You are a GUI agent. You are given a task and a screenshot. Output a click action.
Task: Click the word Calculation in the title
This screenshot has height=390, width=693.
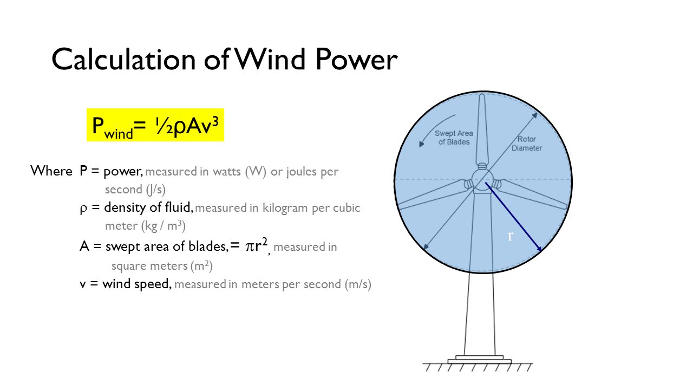coord(123,59)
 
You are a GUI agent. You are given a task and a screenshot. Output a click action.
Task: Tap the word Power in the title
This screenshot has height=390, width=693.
coord(356,59)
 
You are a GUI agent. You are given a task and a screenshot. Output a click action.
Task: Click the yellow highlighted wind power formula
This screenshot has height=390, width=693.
coord(155,125)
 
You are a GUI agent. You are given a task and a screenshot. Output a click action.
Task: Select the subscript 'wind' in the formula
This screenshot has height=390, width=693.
coord(119,134)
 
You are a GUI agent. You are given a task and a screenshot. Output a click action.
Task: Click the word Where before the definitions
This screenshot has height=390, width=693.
coord(51,171)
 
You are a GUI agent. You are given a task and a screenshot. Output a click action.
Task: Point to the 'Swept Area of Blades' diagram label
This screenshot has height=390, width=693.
coord(454,138)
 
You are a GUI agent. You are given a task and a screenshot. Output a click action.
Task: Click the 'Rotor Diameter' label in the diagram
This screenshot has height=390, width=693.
coord(527,144)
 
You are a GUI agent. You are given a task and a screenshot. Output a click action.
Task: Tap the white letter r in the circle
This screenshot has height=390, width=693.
coord(511,236)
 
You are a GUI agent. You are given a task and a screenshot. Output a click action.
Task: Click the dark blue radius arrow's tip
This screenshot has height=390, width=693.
coord(541,250)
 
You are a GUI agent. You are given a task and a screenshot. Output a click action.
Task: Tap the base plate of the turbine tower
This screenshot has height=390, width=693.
coord(479,360)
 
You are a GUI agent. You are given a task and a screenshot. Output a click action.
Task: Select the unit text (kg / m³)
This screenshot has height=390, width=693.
coord(164,226)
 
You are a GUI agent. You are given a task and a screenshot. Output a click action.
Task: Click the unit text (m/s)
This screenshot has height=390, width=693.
coord(358,284)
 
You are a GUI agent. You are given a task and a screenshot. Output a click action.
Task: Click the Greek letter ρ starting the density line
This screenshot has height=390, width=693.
coord(83,209)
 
